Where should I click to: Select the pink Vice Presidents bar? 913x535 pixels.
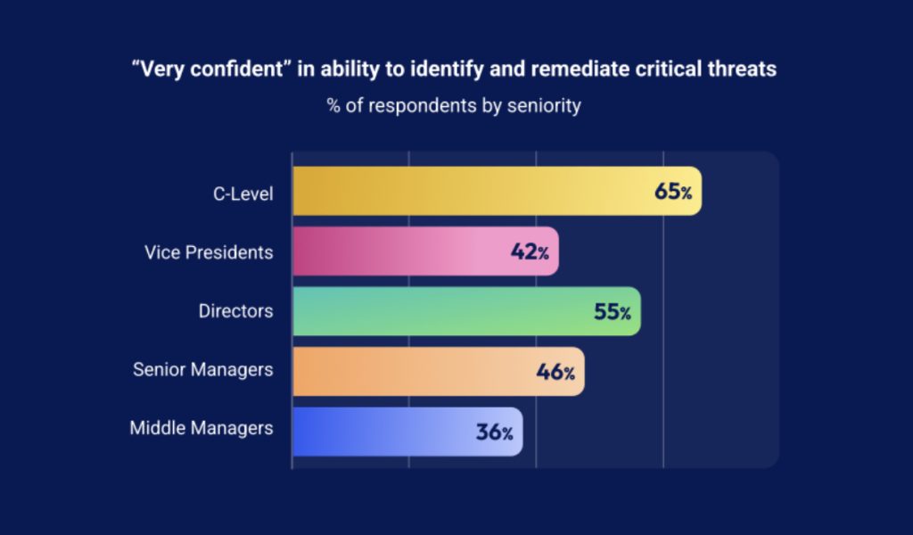(401, 251)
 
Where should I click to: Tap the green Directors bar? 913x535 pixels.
(446, 311)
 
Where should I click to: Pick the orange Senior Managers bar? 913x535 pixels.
(419, 371)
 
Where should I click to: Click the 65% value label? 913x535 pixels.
(673, 192)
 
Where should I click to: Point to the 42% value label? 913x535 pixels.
(530, 252)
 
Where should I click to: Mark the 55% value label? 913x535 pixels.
(613, 312)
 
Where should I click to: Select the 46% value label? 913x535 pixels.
(555, 372)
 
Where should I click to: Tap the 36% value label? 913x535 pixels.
(494, 432)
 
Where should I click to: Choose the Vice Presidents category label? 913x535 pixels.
(209, 252)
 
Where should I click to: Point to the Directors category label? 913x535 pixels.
(235, 312)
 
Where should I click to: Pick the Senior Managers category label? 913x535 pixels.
(203, 369)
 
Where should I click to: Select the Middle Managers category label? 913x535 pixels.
(202, 428)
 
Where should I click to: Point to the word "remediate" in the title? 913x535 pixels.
(575, 70)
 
